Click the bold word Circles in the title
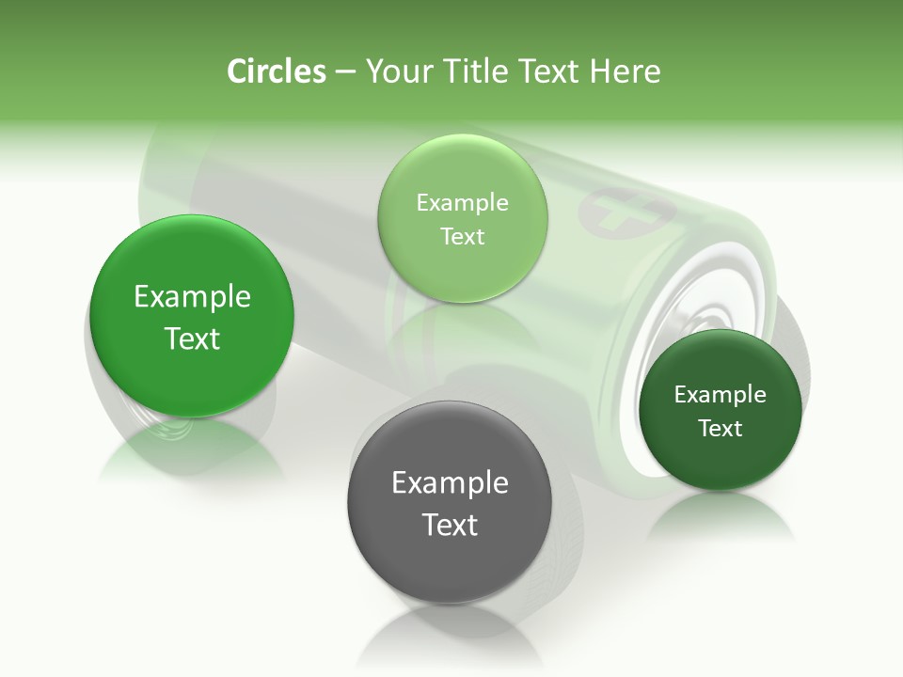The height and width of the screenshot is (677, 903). pos(276,71)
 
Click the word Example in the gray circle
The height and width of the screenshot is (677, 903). pos(450,483)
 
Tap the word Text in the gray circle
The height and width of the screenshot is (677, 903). pos(450,525)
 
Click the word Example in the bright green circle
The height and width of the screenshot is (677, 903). pos(192,297)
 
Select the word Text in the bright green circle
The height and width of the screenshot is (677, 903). pos(192,338)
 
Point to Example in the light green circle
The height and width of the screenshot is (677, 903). pos(462,203)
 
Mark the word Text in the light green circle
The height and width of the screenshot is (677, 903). pos(462,236)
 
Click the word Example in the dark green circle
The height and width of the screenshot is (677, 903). pos(720,395)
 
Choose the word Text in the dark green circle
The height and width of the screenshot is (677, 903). pos(720,428)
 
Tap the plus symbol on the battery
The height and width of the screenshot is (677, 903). pos(612,213)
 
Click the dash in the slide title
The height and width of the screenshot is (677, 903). pos(344,72)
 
